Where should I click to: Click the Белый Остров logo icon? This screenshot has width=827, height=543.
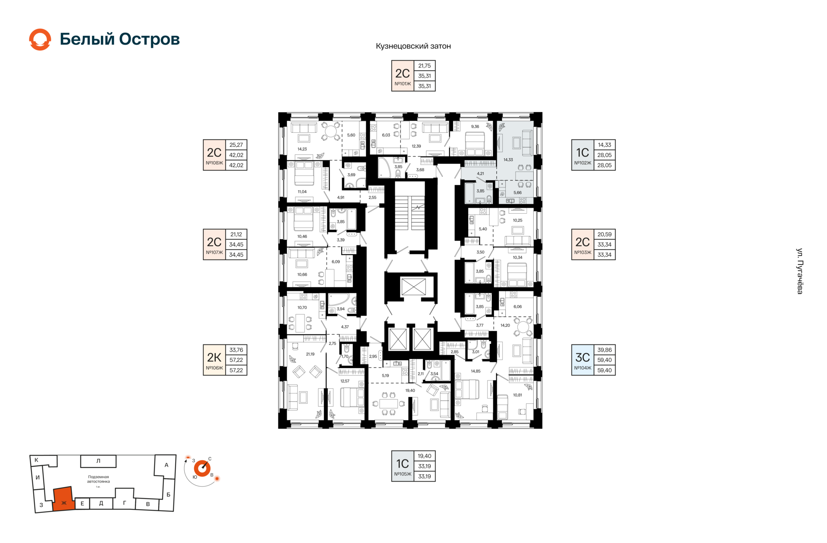40,40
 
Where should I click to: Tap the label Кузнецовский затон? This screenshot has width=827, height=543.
413,46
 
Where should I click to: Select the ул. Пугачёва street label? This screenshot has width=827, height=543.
799,271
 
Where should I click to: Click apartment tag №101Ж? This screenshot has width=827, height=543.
403,84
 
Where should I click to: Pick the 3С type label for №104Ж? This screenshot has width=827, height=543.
582,357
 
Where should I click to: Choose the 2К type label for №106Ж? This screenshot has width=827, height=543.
214,357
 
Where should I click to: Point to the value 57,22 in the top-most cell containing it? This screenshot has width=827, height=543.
236,360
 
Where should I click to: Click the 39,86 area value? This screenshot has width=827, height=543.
604,350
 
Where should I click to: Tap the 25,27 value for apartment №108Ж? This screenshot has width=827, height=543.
236,145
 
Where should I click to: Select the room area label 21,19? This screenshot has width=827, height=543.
310,354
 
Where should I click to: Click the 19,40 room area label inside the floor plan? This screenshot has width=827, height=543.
410,390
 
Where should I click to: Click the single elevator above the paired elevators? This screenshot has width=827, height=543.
413,287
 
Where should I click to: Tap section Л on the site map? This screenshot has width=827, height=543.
98,461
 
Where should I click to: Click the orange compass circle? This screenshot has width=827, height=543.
202,468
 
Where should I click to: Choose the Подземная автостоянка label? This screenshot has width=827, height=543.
98,479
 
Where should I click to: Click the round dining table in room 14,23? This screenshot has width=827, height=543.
331,131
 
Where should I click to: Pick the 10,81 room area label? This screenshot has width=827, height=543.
517,395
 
